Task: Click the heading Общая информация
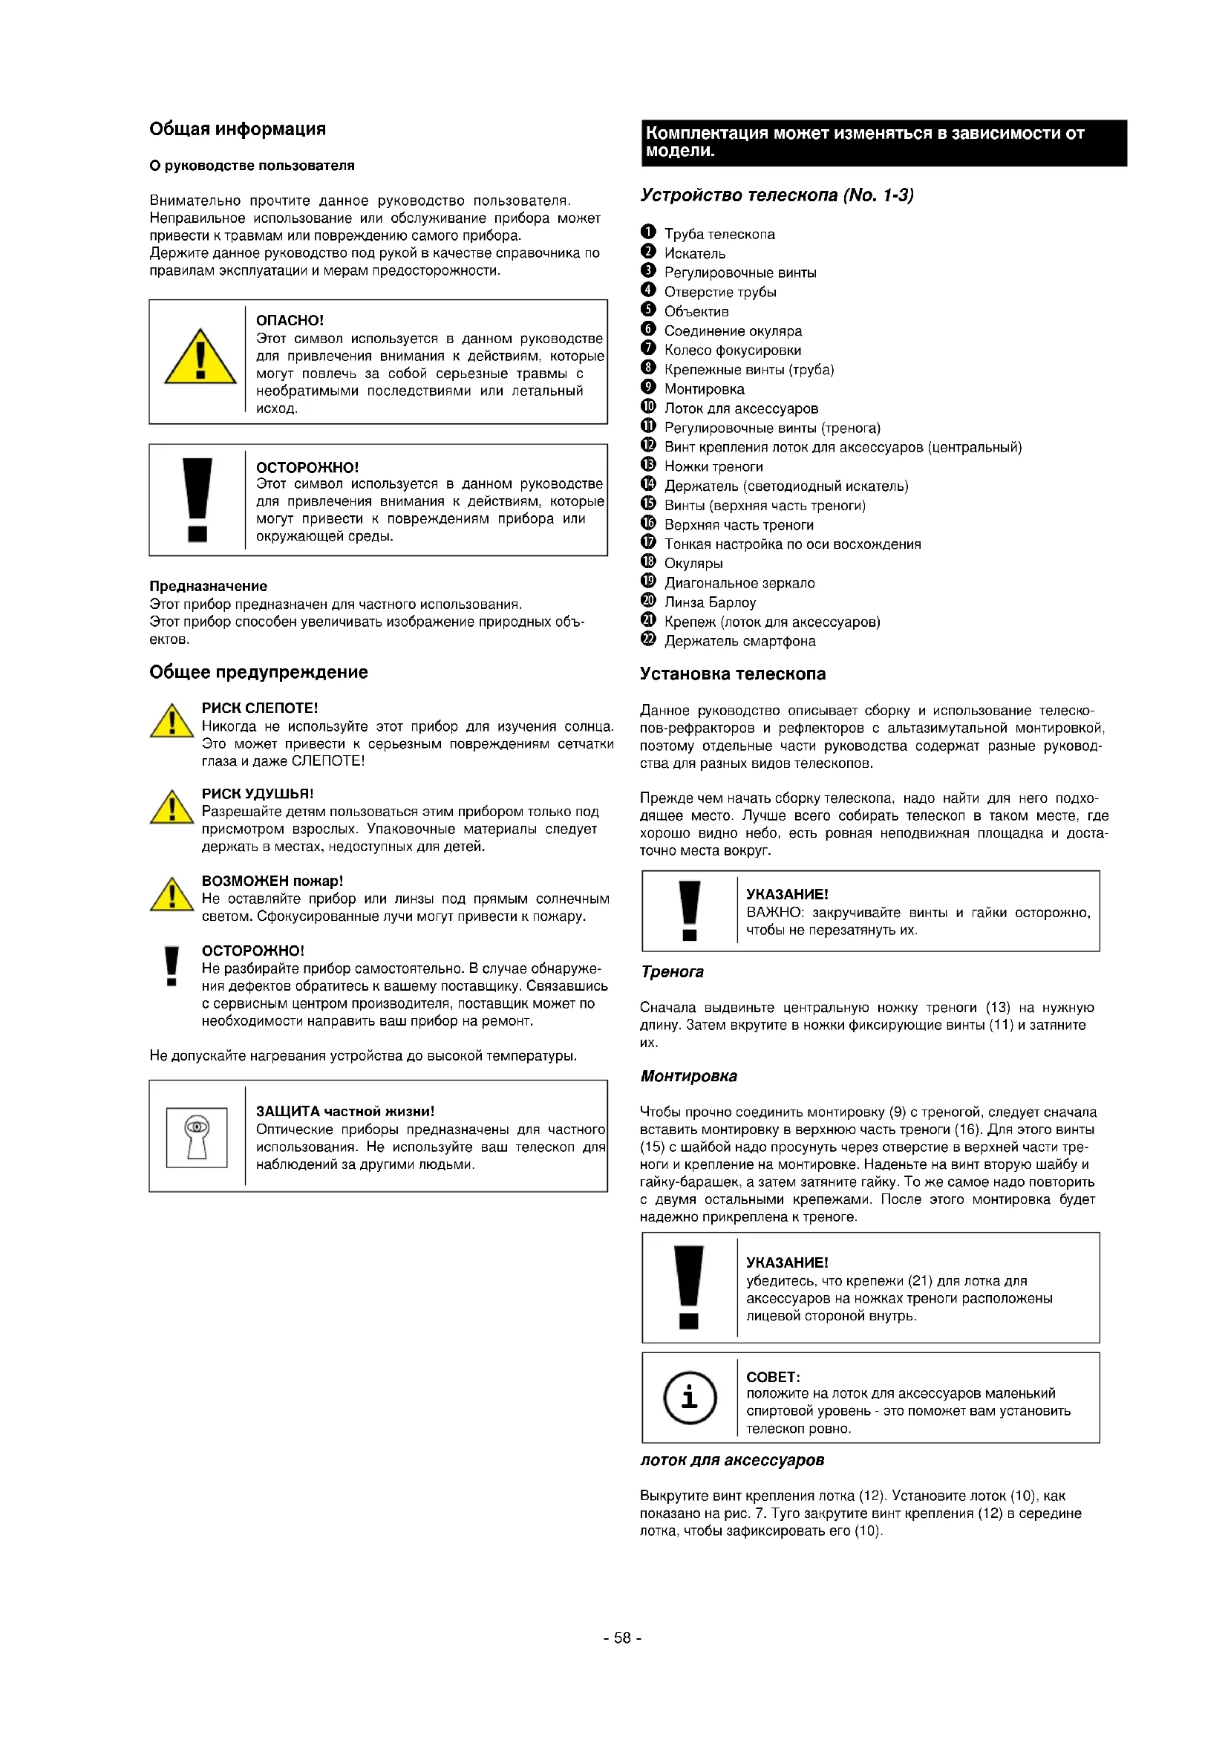238,129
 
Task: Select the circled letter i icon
689,1398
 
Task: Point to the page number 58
622,1637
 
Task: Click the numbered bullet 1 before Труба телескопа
648,232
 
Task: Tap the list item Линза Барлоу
709,603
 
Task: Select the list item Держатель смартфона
739,642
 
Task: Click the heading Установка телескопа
732,674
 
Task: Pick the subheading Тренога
672,972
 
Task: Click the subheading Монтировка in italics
688,1077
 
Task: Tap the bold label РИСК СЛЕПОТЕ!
259,708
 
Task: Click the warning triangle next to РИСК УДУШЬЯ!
172,808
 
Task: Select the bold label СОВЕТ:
772,1377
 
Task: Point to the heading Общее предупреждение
258,673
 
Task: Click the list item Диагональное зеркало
739,583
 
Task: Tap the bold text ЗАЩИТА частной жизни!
344,1112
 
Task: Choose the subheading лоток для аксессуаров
731,1460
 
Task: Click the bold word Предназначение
208,587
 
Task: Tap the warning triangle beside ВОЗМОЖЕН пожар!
172,896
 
